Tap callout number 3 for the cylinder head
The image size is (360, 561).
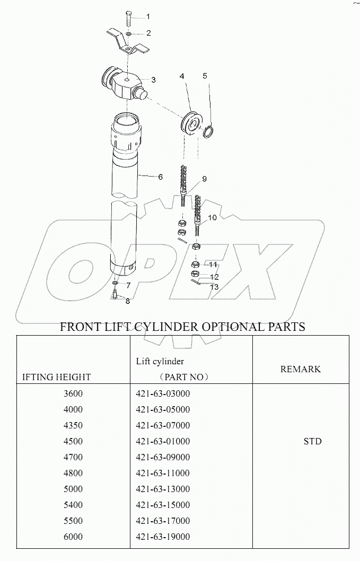[153, 80]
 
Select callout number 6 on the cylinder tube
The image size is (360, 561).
[160, 177]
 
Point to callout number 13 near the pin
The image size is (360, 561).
[214, 287]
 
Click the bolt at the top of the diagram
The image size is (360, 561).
[128, 20]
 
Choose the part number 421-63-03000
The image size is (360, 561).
[163, 393]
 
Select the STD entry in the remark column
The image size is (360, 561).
[312, 441]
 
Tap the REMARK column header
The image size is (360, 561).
[301, 369]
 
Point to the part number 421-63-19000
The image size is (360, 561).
[163, 537]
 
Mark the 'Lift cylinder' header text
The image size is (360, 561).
[160, 362]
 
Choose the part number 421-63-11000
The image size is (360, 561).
[163, 473]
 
